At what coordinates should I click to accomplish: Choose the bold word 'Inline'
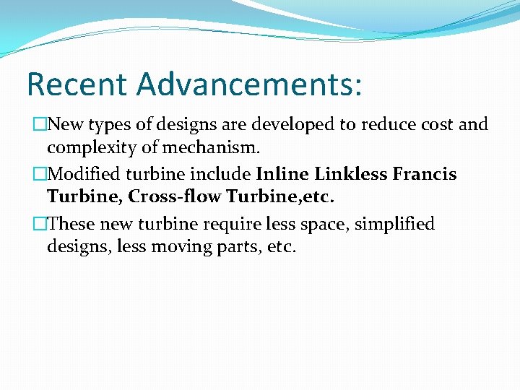pos(282,174)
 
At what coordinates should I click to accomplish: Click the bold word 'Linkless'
pos(350,174)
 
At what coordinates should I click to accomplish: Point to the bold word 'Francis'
pos(425,174)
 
